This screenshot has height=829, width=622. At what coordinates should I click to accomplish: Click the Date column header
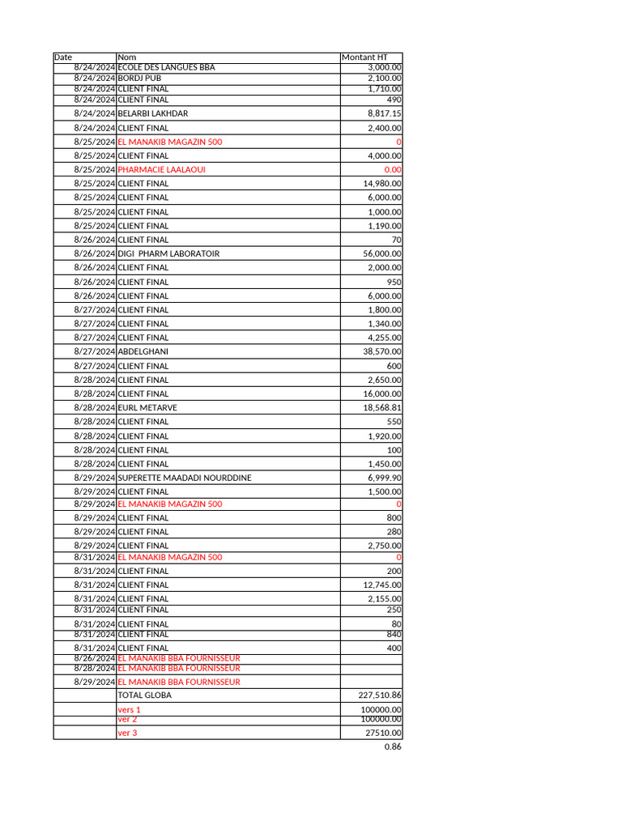pyautogui.click(x=63, y=57)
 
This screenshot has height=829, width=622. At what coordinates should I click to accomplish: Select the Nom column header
pyautogui.click(x=127, y=57)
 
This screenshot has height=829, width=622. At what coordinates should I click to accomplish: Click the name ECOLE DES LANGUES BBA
pyautogui.click(x=166, y=67)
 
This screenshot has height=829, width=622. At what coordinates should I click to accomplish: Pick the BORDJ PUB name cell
pyautogui.click(x=139, y=78)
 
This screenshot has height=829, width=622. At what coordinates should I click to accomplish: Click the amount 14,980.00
pyautogui.click(x=382, y=184)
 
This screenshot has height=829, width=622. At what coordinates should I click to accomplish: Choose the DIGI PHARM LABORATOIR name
pyautogui.click(x=168, y=253)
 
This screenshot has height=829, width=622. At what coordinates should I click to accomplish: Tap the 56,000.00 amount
pyautogui.click(x=382, y=253)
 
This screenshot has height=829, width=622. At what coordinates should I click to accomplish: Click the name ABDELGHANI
pyautogui.click(x=143, y=351)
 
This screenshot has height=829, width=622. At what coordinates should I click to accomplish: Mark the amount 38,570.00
pyautogui.click(x=382, y=351)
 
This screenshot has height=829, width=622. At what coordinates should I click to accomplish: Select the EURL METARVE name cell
pyautogui.click(x=147, y=407)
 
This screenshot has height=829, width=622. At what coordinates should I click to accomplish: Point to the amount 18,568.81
pyautogui.click(x=382, y=407)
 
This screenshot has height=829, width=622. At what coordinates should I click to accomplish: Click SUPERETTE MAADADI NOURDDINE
pyautogui.click(x=185, y=478)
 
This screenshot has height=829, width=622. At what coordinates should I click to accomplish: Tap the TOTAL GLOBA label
pyautogui.click(x=144, y=695)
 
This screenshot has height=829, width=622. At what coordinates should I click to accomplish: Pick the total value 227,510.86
pyautogui.click(x=380, y=695)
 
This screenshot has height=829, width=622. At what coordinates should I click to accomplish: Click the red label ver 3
pyautogui.click(x=127, y=733)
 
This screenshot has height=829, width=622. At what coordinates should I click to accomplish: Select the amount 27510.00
pyautogui.click(x=383, y=733)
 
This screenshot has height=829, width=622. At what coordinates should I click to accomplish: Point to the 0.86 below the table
pyautogui.click(x=393, y=747)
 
